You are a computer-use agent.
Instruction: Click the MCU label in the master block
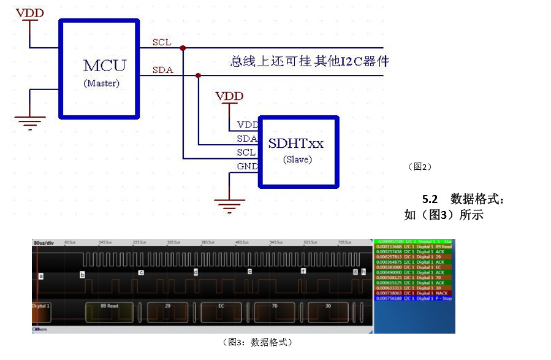coord(105,65)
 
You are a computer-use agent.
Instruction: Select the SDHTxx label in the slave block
coord(295,144)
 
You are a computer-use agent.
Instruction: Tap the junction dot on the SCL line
coord(183,48)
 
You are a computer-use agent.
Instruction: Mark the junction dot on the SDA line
coord(198,75)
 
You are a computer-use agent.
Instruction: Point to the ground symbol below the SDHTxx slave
coord(229,205)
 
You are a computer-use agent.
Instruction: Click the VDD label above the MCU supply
coord(29,12)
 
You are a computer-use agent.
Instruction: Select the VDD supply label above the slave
coord(229,96)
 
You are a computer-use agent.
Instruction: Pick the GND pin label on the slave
coord(247,166)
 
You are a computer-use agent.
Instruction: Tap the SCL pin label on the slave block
coord(246,152)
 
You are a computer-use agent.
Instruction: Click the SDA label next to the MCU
coord(162,70)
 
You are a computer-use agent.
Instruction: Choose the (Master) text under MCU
coord(101,83)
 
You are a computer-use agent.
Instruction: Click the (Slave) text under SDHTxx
coord(297,159)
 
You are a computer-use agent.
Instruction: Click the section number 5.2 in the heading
coord(430,199)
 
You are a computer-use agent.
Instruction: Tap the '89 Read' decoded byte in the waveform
coord(108,305)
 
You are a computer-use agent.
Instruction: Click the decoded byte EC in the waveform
coord(222,305)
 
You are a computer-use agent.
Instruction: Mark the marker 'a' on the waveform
coord(41,276)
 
